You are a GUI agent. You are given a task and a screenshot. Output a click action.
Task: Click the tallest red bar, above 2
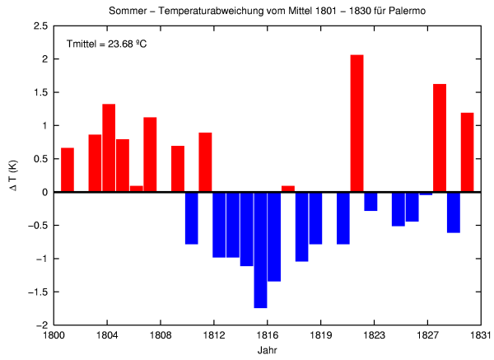[357, 124]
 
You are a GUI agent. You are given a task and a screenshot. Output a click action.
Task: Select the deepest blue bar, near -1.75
[260, 250]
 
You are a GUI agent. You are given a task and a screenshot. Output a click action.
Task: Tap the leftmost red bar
[68, 170]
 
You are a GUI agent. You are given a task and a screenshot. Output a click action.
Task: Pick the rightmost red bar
[467, 152]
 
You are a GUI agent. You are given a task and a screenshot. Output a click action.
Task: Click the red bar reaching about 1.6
[440, 138]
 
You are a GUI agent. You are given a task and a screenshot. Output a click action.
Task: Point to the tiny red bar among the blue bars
[288, 189]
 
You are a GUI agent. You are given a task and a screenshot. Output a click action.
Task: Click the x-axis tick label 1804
[106, 335]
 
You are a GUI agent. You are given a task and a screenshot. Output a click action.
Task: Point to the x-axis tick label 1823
[374, 335]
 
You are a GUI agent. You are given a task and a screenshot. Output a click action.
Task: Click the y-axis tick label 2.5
[40, 26]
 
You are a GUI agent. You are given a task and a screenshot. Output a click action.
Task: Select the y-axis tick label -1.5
[38, 292]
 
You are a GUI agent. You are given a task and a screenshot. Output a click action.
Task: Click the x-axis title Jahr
[267, 350]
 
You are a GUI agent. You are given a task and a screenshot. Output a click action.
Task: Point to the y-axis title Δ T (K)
[12, 175]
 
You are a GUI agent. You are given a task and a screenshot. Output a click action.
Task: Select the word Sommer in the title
[125, 10]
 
